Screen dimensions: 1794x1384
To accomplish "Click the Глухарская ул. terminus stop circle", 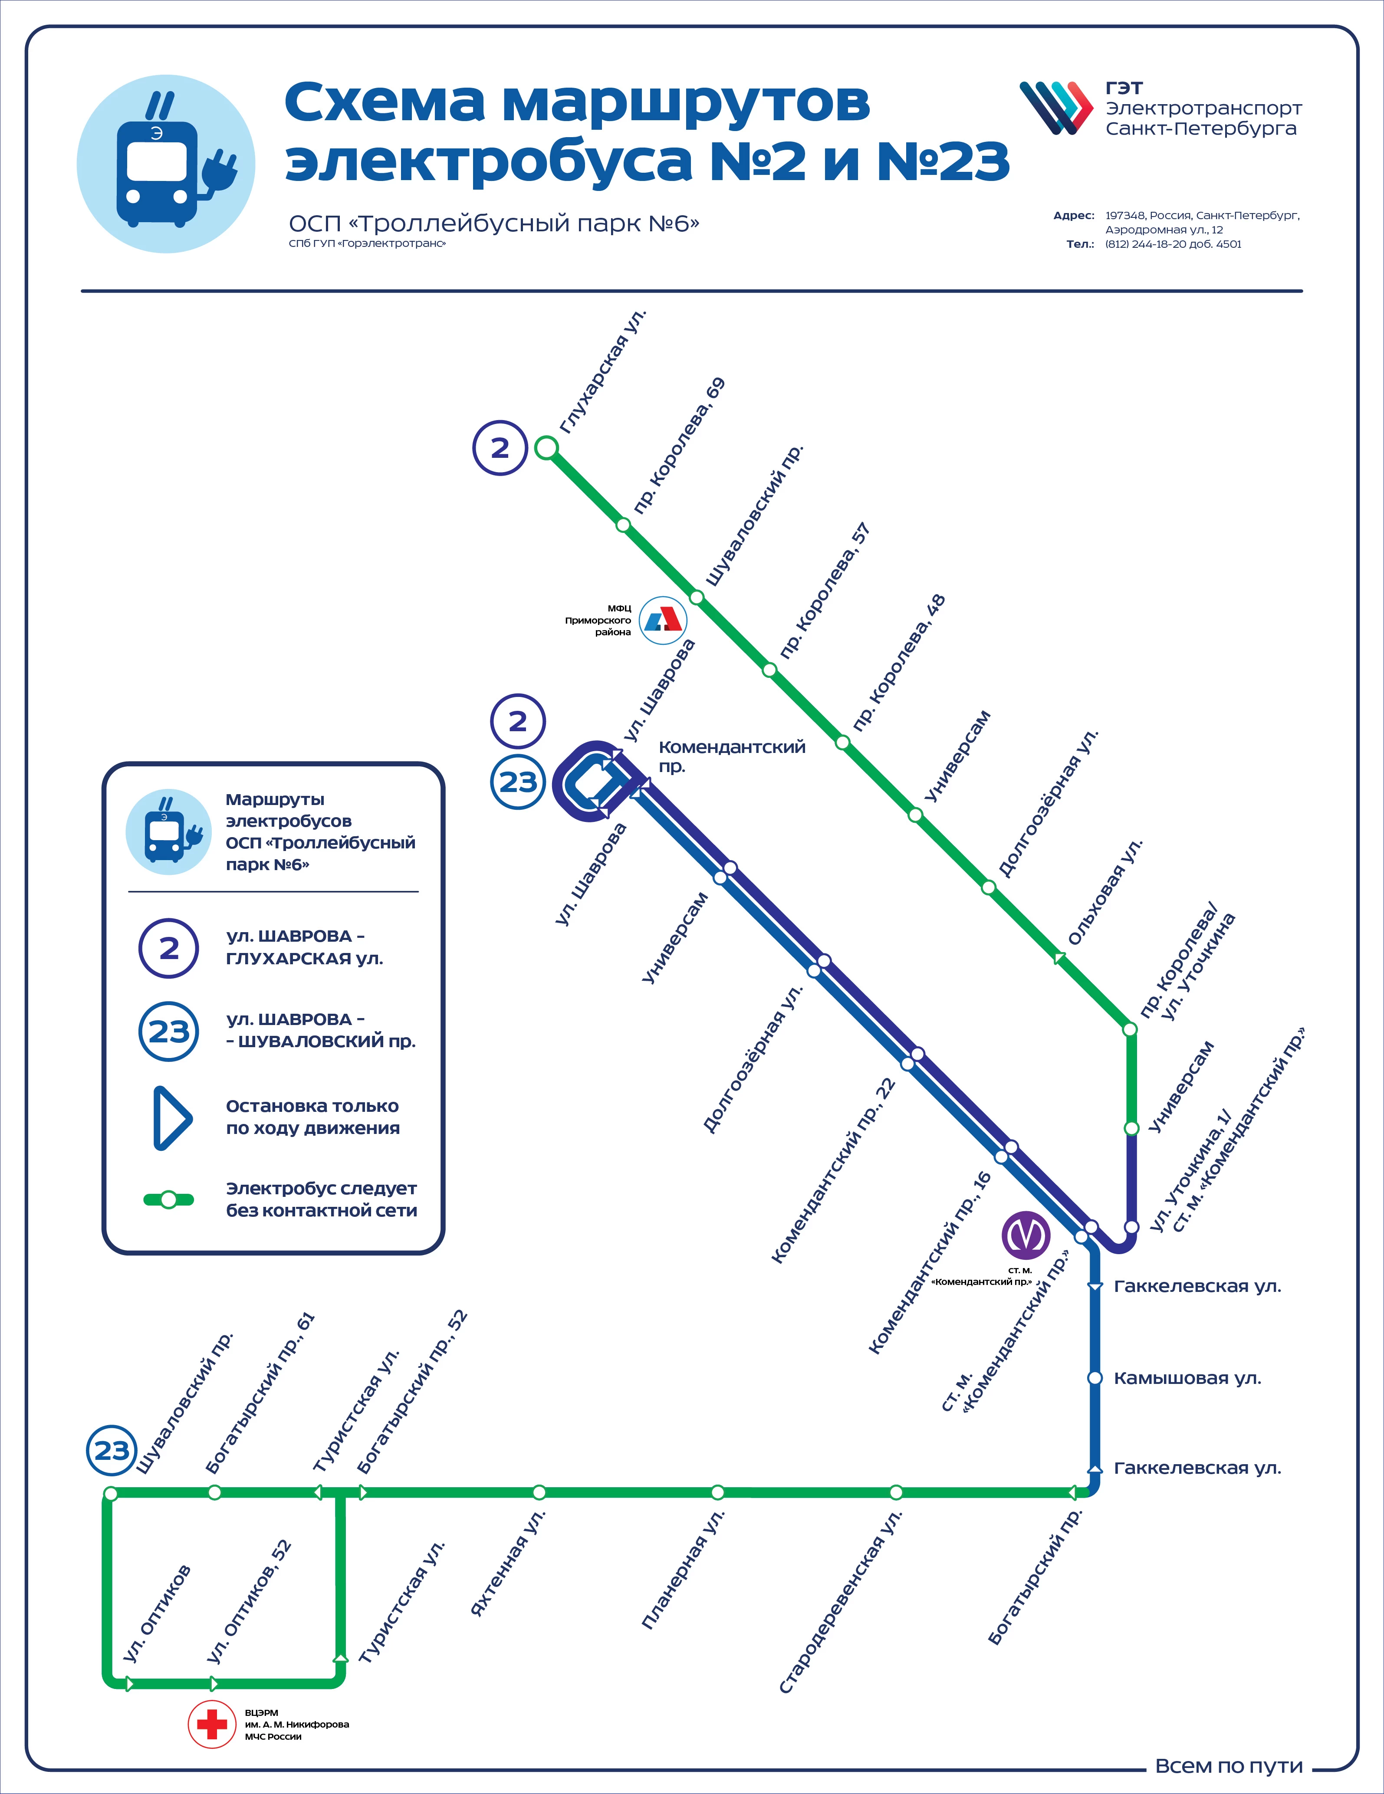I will click(546, 448).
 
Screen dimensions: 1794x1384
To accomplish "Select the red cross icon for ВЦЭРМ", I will click(212, 1724).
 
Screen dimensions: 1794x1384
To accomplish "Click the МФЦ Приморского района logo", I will click(663, 620).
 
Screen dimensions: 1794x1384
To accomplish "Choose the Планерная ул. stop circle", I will click(717, 1492).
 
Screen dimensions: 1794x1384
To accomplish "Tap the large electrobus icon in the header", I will click(166, 164).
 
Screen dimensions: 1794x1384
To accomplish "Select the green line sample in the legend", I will click(168, 1199).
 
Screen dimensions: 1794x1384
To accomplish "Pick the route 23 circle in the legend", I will click(168, 1031).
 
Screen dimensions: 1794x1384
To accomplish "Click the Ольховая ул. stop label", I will click(1105, 892).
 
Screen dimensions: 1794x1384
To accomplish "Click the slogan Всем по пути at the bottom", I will click(1229, 1766).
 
